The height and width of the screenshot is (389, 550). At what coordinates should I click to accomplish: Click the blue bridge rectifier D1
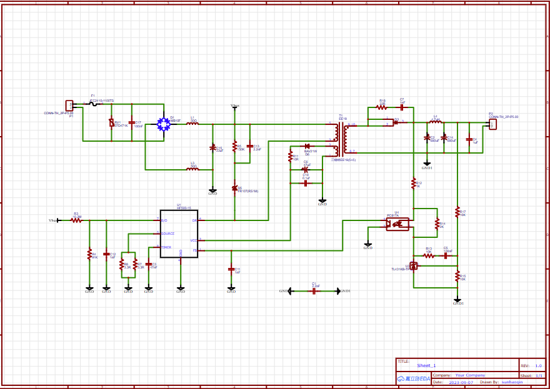[x=164, y=124]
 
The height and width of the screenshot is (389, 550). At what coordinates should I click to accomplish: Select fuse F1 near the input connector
[x=94, y=104]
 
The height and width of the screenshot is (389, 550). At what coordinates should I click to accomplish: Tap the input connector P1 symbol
[x=69, y=106]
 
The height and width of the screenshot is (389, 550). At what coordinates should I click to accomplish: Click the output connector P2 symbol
[x=492, y=124]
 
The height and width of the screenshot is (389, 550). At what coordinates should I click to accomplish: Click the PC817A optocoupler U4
[x=397, y=223]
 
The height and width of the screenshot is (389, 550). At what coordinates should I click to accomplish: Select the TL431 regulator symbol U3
[x=413, y=265]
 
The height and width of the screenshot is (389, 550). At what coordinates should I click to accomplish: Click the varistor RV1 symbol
[x=112, y=123]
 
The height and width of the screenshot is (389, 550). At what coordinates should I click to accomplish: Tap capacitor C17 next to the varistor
[x=131, y=123]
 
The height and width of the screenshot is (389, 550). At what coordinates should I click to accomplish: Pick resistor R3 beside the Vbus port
[x=76, y=220]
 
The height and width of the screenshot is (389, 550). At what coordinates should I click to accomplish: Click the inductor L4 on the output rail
[x=436, y=121]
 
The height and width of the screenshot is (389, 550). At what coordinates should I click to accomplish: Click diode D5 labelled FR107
[x=235, y=188]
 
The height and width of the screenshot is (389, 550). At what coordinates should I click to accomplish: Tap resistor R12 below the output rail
[x=413, y=183]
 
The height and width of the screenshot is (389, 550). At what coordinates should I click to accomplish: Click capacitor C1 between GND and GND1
[x=314, y=291]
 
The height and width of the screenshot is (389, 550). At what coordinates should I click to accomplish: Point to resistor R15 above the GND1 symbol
[x=457, y=276]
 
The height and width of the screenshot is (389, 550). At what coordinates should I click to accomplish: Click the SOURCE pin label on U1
[x=167, y=234]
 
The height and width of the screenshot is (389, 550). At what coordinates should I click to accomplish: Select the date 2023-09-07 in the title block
[x=461, y=382]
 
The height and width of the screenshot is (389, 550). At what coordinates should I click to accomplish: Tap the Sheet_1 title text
[x=426, y=365]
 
